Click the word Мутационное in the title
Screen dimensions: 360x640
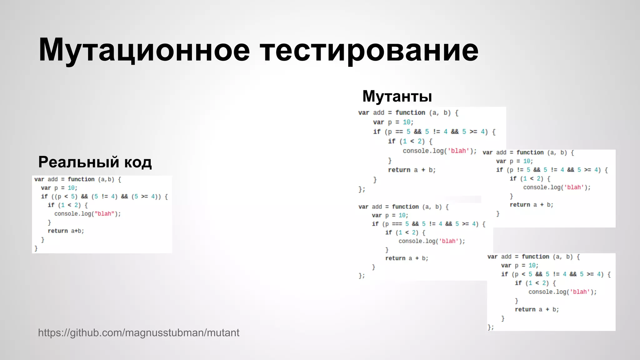coord(144,50)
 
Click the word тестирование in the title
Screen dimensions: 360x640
coord(369,50)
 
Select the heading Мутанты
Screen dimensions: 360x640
coord(397,96)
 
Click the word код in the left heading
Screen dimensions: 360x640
coord(138,162)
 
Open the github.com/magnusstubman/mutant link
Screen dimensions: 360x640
coord(139,333)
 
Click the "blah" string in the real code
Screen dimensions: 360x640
coord(104,214)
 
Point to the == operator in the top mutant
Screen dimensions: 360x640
coord(399,132)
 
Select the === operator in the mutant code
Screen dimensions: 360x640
coord(397,224)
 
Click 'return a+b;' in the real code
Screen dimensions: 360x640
coord(66,231)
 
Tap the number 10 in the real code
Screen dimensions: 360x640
coord(71,188)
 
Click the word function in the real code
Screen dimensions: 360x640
coord(81,179)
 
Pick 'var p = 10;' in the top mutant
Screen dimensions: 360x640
coord(393,122)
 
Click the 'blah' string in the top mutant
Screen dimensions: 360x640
coord(458,151)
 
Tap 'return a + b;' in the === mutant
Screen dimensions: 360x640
coord(407,258)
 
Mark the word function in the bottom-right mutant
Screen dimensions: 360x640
coord(535,257)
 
